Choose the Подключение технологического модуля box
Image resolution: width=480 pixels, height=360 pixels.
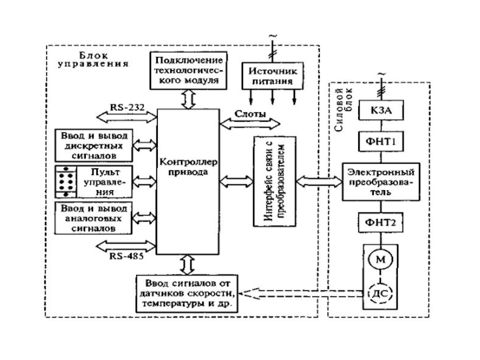click(189, 71)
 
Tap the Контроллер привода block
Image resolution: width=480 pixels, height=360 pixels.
click(187, 180)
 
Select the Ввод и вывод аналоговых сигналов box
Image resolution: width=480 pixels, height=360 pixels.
click(94, 218)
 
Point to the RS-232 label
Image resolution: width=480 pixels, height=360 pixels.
click(125, 107)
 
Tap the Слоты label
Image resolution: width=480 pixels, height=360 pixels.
click(247, 113)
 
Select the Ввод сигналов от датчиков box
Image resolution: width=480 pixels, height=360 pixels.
click(187, 293)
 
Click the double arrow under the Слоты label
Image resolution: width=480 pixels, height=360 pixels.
click(250, 124)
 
